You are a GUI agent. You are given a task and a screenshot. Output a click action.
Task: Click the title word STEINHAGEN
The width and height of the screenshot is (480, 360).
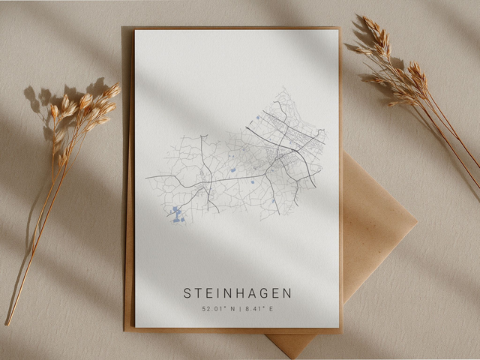(238, 293)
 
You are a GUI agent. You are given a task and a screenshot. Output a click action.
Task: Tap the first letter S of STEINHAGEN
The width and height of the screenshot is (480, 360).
(187, 293)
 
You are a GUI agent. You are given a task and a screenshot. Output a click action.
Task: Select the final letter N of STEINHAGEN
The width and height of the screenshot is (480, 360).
(288, 293)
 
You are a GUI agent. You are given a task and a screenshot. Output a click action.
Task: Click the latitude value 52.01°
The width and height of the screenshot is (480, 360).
(214, 308)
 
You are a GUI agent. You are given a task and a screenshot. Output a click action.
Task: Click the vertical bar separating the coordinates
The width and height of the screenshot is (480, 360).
(238, 308)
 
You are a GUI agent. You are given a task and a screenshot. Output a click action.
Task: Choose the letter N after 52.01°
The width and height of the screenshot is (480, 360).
(229, 308)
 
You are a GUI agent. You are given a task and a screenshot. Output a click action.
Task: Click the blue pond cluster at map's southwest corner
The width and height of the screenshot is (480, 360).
(175, 214)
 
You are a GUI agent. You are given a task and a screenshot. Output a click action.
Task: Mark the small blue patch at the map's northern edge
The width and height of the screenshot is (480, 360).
(257, 117)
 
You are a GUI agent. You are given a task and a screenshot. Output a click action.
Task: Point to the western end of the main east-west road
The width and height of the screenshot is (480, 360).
(147, 178)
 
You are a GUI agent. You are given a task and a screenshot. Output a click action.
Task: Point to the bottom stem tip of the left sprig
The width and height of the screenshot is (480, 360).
(7, 323)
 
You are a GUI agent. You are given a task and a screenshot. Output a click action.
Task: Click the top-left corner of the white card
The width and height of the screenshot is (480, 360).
(136, 30)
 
